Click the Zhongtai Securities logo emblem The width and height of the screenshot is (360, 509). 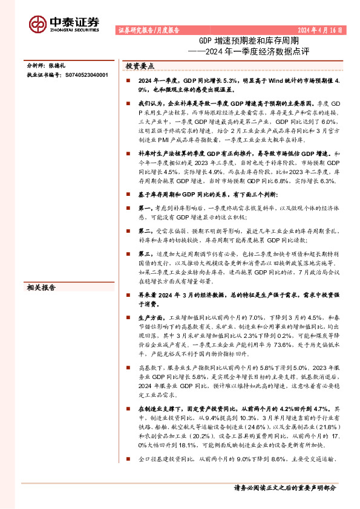point(38,24)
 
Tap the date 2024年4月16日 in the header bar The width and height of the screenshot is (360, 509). point(321,30)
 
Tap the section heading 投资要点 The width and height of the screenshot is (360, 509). point(139,66)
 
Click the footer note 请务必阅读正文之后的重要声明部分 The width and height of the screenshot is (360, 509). point(284,487)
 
